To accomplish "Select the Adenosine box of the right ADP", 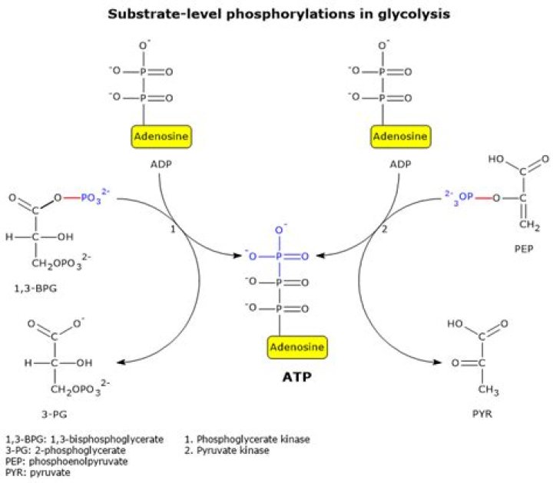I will (399, 137).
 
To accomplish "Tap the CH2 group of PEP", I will (523, 225).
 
